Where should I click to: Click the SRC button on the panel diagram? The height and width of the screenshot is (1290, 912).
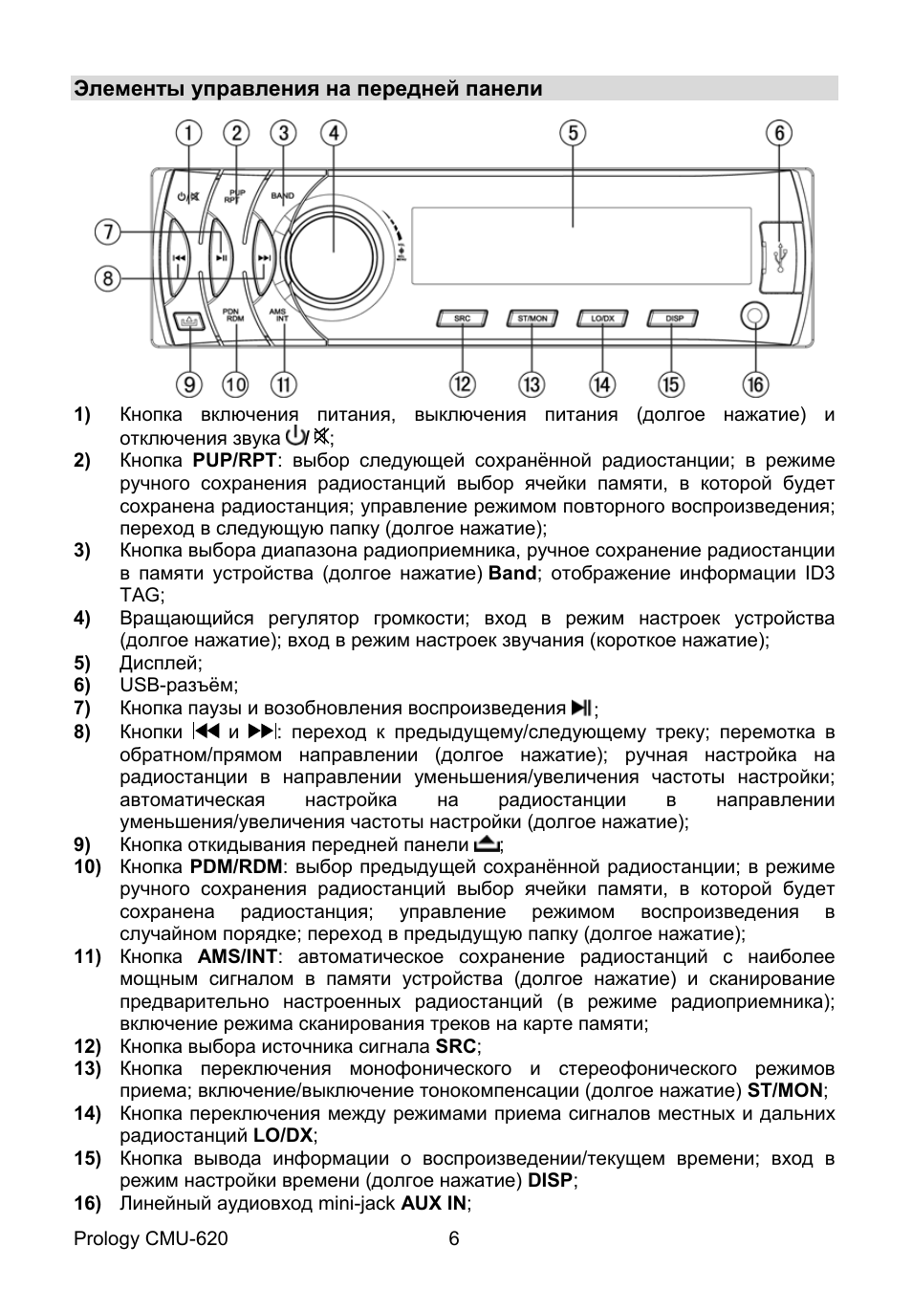point(463,318)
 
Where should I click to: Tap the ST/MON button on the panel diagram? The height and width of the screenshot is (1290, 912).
point(532,318)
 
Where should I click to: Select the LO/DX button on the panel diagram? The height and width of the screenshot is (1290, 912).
point(602,318)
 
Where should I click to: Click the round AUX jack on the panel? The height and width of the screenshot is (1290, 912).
point(755,317)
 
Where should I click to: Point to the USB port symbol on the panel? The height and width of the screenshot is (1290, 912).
point(782,255)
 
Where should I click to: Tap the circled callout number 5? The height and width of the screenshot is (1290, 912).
point(573,132)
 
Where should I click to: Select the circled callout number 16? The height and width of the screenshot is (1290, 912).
point(755,384)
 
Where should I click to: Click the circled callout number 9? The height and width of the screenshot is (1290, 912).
point(188,384)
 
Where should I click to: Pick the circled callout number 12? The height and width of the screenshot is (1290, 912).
point(463,384)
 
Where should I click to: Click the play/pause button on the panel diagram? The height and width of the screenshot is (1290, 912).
point(221,256)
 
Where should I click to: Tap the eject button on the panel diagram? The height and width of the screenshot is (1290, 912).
point(186,322)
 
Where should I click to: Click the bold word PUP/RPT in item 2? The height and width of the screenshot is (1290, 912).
point(235,461)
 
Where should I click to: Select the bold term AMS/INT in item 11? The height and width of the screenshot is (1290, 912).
point(237,956)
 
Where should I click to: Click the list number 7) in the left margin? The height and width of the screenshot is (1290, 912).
point(82,709)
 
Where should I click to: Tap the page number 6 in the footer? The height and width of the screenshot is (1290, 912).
point(454,1239)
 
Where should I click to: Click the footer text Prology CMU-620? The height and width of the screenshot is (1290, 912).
point(151,1239)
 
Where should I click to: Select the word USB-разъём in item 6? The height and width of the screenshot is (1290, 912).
point(178,686)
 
